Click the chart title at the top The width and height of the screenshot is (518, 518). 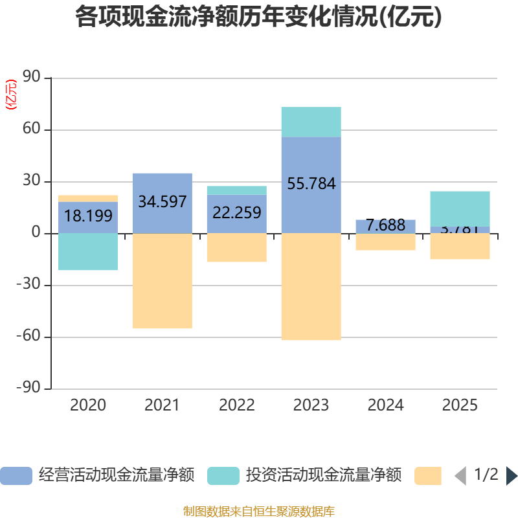pyautogui.click(x=258, y=17)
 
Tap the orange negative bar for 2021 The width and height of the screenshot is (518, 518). pyautogui.click(x=162, y=281)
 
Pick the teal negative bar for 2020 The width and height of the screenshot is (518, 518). pyautogui.click(x=88, y=252)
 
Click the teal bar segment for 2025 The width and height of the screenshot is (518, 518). pyautogui.click(x=460, y=208)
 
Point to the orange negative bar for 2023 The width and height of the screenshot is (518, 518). pyautogui.click(x=311, y=287)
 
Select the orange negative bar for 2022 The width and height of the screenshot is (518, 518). pyautogui.click(x=236, y=248)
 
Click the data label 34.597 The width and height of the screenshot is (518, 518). pyautogui.click(x=162, y=201)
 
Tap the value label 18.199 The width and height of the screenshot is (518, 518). pyautogui.click(x=88, y=216)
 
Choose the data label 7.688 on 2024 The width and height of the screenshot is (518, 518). pyautogui.click(x=385, y=225)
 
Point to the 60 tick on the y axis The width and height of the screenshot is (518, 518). pyautogui.click(x=32, y=129)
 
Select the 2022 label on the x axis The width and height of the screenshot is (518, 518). pyautogui.click(x=236, y=405)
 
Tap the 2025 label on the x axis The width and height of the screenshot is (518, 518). pyautogui.click(x=460, y=405)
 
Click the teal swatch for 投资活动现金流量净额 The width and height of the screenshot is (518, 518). pyautogui.click(x=223, y=476)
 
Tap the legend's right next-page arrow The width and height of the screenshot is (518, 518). pyautogui.click(x=512, y=476)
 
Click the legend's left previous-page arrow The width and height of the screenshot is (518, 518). pyautogui.click(x=460, y=476)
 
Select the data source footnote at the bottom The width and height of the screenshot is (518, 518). pyautogui.click(x=258, y=512)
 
